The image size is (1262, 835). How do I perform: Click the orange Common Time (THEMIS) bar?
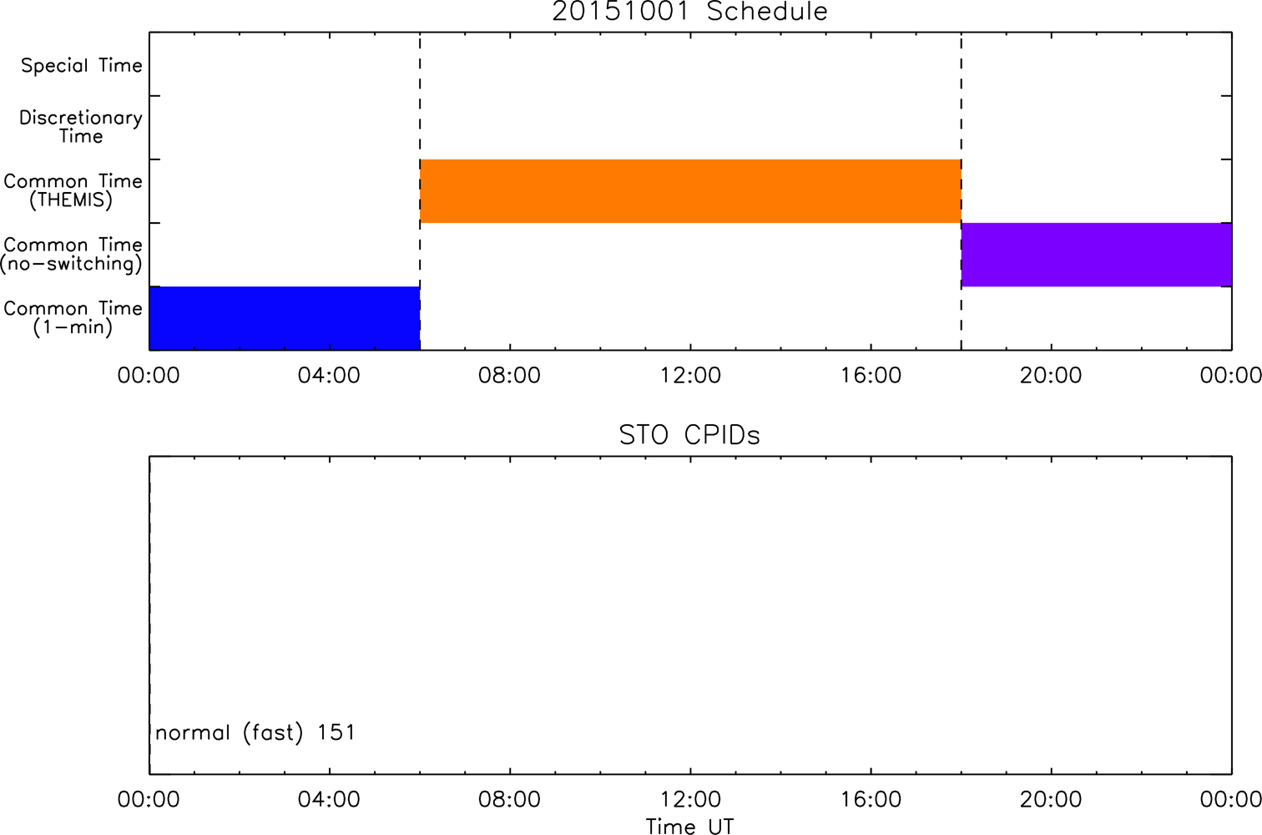pos(690,191)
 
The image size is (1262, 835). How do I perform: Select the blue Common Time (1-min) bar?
pos(285,318)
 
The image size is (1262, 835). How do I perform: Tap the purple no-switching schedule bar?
pos(1097,255)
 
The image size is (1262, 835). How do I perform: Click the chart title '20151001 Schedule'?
pos(690,12)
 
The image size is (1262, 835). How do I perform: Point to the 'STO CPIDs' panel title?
pos(690,435)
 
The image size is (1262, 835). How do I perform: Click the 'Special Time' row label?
pos(82,66)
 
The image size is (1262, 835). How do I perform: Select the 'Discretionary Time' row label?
pos(81,127)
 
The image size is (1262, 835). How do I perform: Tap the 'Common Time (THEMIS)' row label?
pos(73,190)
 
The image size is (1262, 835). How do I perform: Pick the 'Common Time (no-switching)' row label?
pos(72,255)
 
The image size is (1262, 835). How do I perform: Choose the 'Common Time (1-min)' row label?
pos(73,318)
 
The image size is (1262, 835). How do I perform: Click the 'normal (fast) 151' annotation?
pos(255,733)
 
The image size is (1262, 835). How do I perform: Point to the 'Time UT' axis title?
pos(690,827)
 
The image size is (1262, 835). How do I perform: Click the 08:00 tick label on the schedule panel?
pos(509,376)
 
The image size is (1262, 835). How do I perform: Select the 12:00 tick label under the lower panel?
pos(690,799)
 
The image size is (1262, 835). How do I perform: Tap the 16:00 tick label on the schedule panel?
pos(871,376)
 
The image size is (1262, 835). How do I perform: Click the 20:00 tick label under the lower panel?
pos(1052,799)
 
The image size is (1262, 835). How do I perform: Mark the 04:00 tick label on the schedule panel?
pos(329,376)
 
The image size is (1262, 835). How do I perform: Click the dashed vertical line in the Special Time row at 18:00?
pos(962,64)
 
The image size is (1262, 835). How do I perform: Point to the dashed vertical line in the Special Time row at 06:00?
pos(420,64)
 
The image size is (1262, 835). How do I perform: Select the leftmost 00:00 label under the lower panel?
pos(149,799)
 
